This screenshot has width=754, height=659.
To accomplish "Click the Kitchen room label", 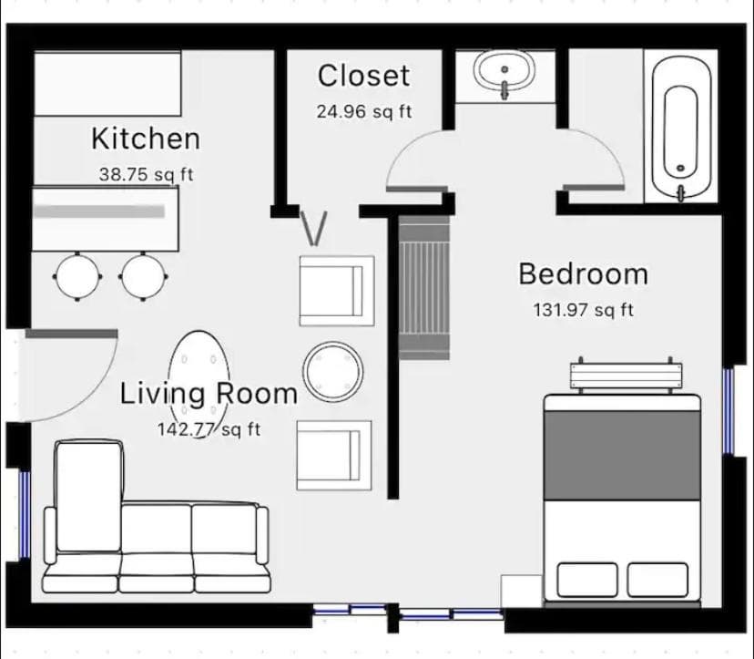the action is pos(146,139).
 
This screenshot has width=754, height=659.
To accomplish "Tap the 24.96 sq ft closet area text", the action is pos(364,112).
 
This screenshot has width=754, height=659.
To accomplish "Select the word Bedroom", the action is pos(584,274).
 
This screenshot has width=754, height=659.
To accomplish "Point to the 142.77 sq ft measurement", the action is pos(209,429).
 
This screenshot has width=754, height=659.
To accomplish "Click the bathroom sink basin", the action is pos(504,72).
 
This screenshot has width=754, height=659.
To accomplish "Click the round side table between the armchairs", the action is pos(332,372).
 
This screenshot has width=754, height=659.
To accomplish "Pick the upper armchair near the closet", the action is pos(337,291).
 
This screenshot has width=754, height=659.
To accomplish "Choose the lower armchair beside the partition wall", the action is pos(334,456).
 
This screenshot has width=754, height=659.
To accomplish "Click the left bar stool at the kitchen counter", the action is pos(77,277).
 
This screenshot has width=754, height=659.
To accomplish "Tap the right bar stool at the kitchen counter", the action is pos(143,277).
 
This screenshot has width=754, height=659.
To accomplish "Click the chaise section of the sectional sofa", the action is pos(89,496).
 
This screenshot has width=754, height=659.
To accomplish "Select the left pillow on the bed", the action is pos(587,580).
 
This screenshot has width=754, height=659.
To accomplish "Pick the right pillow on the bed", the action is pos(657,580).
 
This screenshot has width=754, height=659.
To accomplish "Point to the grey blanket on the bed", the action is pos(622,456).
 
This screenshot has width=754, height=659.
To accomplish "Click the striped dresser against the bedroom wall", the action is pos(424,287).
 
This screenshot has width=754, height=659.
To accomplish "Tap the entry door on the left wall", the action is pos(71,334).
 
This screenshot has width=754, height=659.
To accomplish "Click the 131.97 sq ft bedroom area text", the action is pos(584,310).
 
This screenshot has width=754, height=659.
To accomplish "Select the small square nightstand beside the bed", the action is pos(522,592).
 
